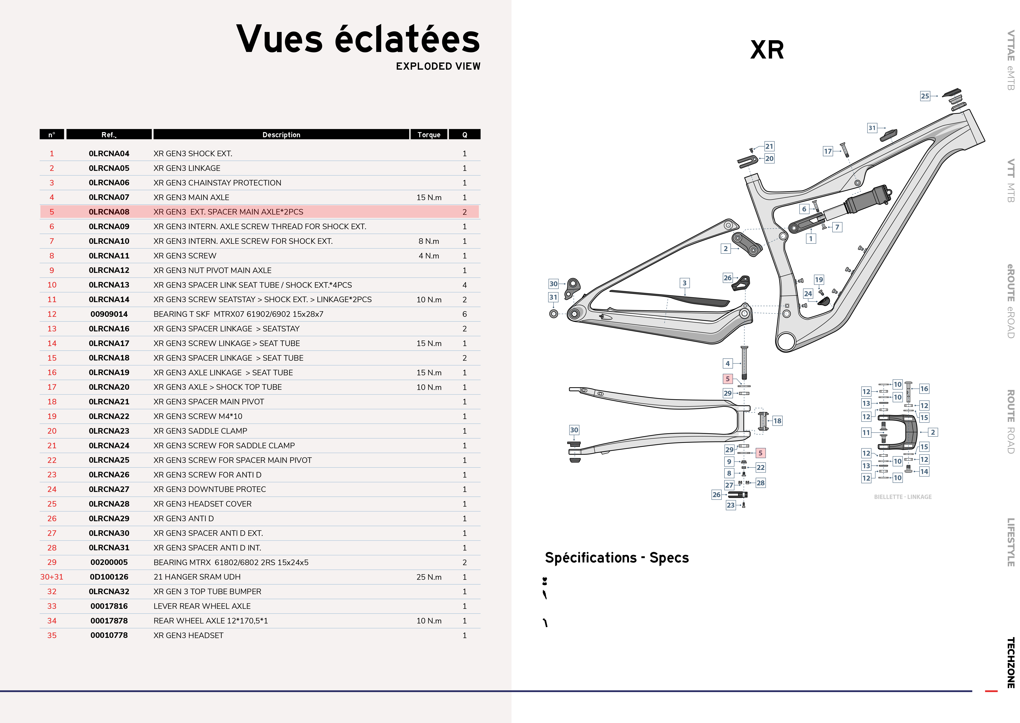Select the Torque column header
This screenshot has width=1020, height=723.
[x=429, y=134]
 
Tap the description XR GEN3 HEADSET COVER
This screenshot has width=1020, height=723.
[x=202, y=504]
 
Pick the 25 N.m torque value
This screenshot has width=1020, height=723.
[x=429, y=577]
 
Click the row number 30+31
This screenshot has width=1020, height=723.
[x=52, y=577]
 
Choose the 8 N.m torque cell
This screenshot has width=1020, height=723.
[x=429, y=241]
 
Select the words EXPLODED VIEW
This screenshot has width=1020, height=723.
[x=438, y=66]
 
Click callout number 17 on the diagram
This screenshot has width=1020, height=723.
[x=828, y=151]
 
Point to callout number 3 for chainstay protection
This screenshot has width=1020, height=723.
[x=685, y=283]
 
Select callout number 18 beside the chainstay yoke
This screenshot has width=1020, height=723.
[x=777, y=421]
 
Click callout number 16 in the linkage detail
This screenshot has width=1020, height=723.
[x=924, y=389]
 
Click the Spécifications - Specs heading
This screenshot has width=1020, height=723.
[x=616, y=558]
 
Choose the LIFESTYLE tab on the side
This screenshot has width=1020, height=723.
[x=1011, y=542]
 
